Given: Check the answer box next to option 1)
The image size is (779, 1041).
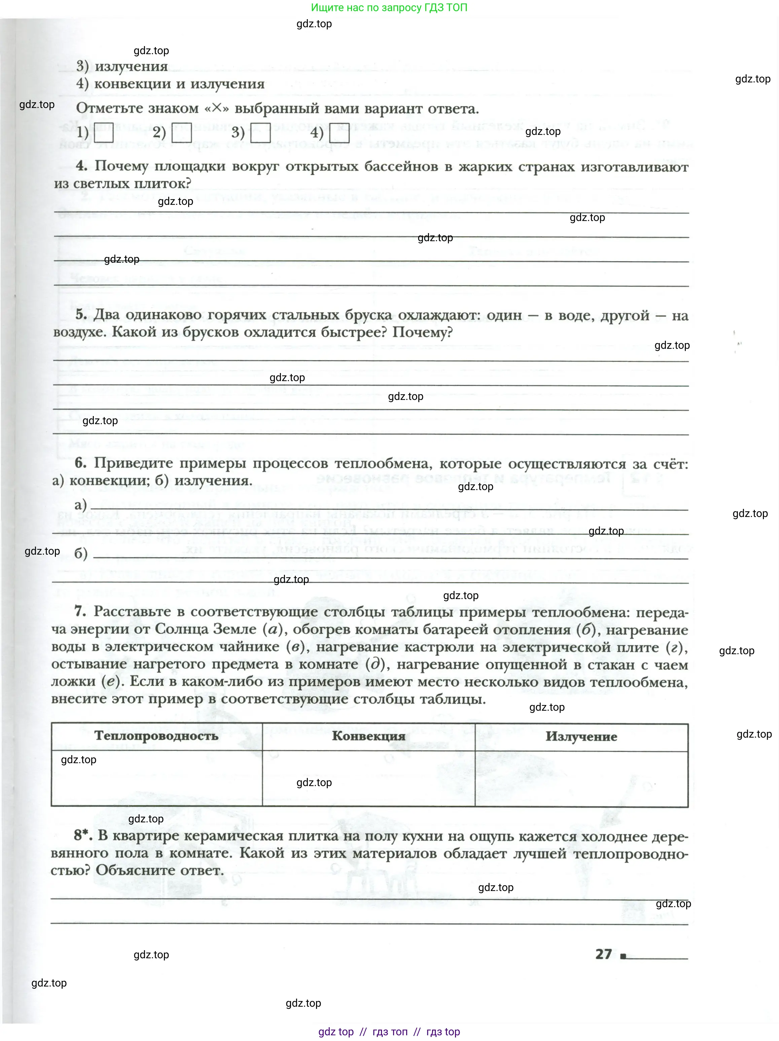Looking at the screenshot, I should [104, 133].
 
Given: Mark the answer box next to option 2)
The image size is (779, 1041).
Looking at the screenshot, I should [181, 133].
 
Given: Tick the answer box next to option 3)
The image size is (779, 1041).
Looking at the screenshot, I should [260, 133].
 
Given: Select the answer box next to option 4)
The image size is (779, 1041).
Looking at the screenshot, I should [339, 133].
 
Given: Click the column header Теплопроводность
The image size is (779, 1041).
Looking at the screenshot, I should [156, 736].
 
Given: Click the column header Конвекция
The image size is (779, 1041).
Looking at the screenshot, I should [368, 736].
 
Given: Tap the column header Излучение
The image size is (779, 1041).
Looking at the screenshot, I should [581, 737].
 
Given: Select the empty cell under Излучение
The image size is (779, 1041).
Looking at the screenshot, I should [581, 779].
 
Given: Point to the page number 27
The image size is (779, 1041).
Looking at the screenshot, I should [603, 954].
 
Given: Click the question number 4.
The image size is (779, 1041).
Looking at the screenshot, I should [81, 166].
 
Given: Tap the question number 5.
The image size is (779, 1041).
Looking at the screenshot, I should [80, 315].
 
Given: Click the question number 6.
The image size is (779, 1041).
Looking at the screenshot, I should [80, 463].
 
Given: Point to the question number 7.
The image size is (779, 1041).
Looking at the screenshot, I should [80, 611].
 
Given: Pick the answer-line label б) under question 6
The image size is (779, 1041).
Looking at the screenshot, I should [80, 553].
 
